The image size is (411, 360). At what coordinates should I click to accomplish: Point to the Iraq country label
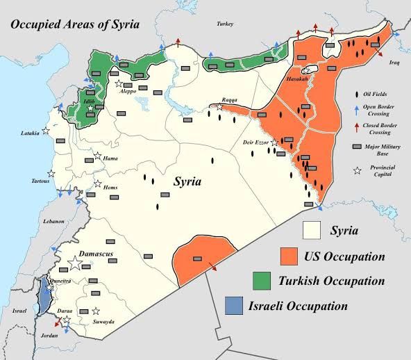pyautogui.click(x=395, y=61)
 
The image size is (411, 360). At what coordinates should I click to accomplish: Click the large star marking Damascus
pyautogui.click(x=76, y=263)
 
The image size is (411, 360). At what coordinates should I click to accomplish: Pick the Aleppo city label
pyautogui.click(x=128, y=91)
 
